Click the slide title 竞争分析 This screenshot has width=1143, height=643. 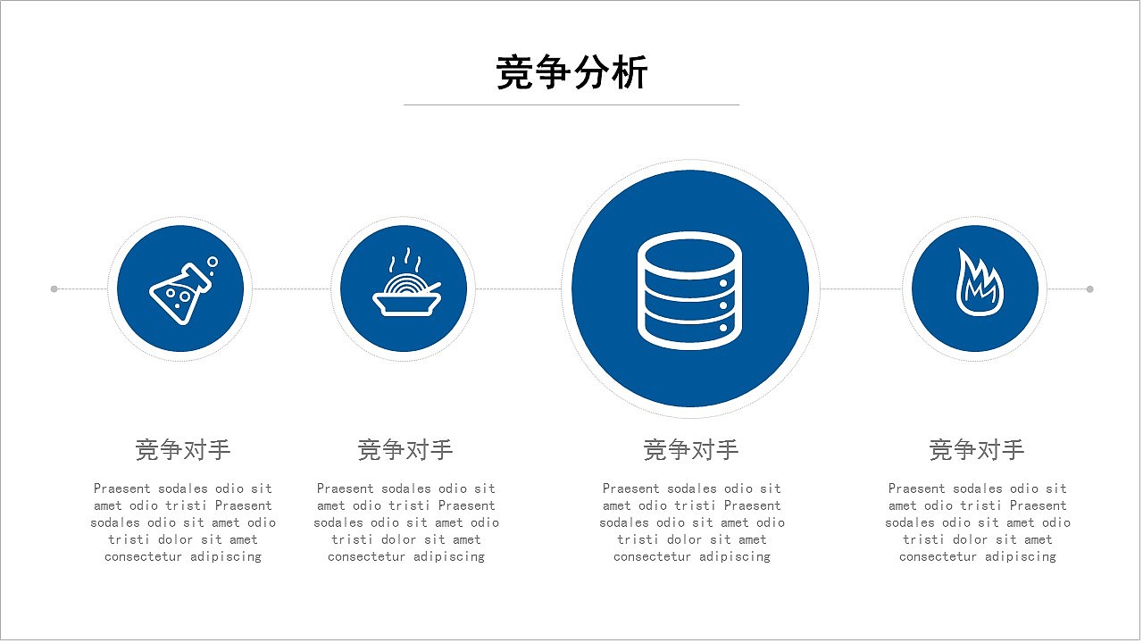[571, 72]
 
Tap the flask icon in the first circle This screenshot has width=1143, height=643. [181, 291]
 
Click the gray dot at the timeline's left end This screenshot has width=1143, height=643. [54, 288]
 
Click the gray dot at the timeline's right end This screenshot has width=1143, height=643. [1089, 288]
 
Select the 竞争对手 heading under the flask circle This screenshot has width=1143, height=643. [183, 449]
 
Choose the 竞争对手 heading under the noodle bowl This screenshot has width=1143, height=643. [405, 449]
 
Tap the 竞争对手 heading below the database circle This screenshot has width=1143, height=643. [691, 449]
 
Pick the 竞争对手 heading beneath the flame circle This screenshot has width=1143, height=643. [977, 449]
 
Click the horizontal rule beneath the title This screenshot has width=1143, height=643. [571, 104]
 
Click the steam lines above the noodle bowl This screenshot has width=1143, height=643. [403, 260]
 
